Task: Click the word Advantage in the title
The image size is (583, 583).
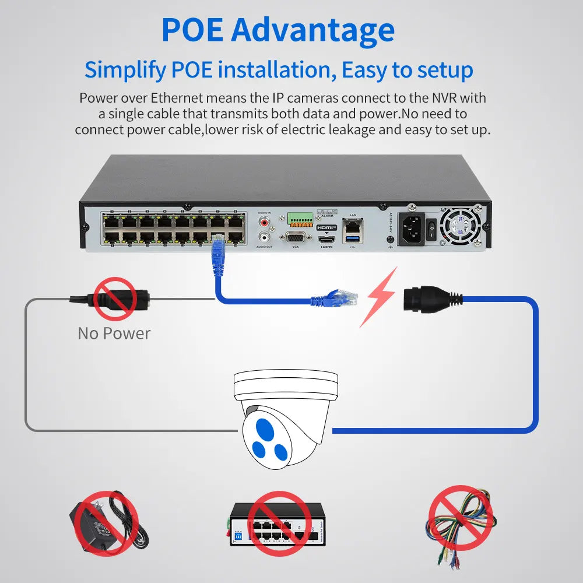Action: (312, 30)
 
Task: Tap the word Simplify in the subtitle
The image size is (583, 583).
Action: (124, 70)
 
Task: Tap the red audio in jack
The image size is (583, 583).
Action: (265, 222)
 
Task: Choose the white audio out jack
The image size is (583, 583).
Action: (265, 237)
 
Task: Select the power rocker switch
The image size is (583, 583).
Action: (431, 229)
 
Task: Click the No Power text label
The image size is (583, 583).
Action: (114, 333)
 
